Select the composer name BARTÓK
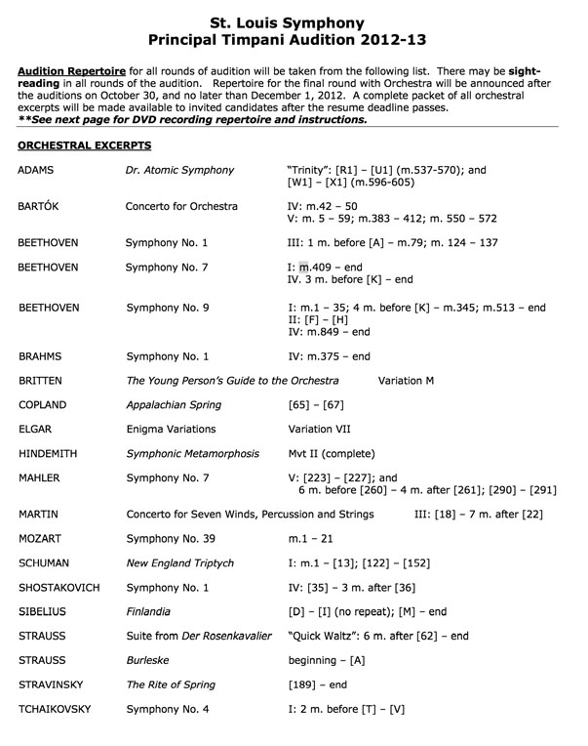tap(42, 206)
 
